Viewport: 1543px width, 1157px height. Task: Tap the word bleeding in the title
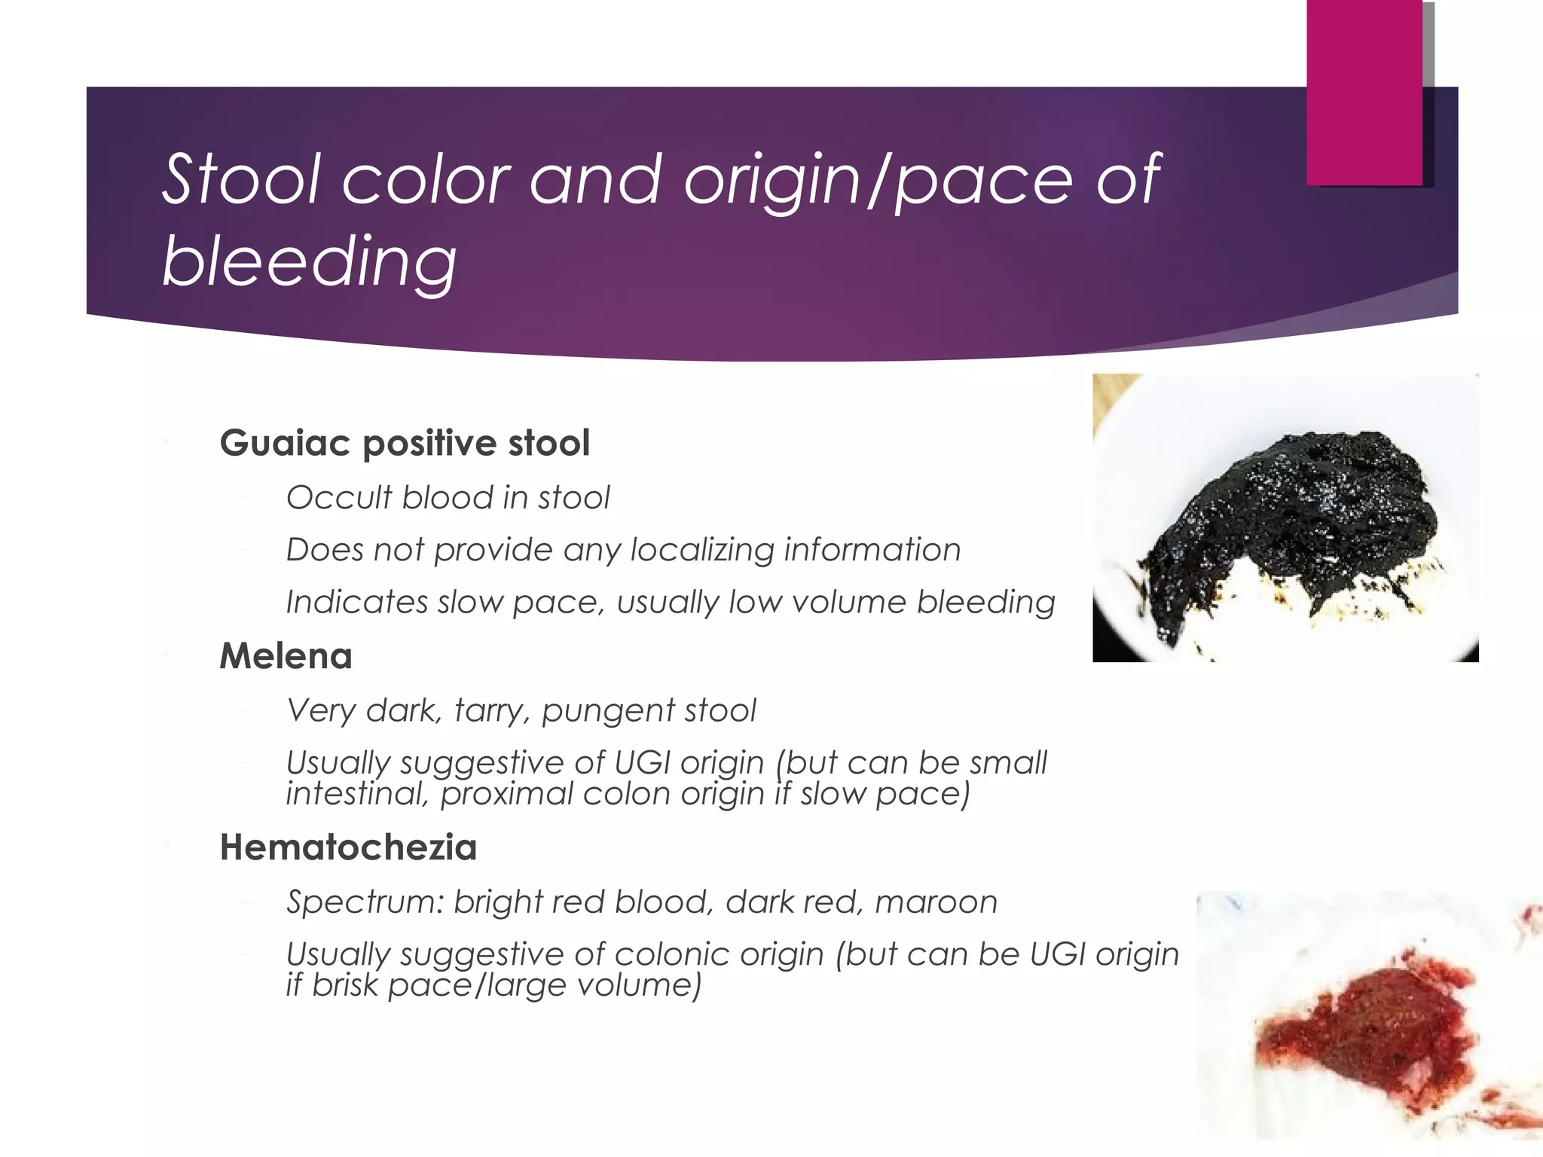coord(310,261)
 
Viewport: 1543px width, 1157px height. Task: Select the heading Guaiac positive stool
coord(405,443)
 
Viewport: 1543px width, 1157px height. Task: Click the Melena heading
coord(286,656)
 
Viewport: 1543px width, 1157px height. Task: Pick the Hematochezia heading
coord(348,847)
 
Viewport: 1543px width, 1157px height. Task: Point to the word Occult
coord(339,498)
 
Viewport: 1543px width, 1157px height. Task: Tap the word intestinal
coord(356,794)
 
